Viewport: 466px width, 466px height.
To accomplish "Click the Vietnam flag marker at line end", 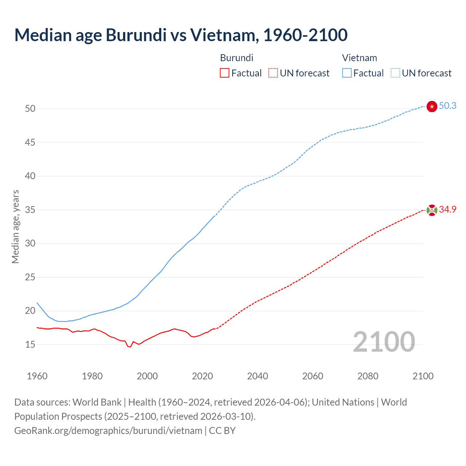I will [x=432, y=106].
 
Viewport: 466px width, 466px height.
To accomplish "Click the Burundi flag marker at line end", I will [x=432, y=210].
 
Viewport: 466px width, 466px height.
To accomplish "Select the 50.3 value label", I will [x=447, y=106].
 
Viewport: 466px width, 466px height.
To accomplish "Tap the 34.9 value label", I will [x=447, y=209].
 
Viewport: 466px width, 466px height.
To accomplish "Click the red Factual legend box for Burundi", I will [x=225, y=73].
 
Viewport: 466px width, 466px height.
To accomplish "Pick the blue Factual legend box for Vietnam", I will [x=347, y=73].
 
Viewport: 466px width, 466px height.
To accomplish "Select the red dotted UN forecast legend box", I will [x=273, y=73].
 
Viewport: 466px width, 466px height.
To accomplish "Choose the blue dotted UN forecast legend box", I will [x=395, y=73].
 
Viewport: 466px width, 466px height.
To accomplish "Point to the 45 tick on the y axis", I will [x=30, y=142].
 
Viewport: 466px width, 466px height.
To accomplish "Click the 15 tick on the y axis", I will [x=30, y=344].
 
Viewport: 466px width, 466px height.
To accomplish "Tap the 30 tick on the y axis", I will [x=30, y=243].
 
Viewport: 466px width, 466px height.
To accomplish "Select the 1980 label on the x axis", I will [x=92, y=376].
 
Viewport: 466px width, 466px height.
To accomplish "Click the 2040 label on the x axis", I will [x=257, y=376].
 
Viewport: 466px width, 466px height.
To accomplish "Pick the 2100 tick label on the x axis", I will [x=423, y=376].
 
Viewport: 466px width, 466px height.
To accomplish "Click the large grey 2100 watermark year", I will [x=384, y=341].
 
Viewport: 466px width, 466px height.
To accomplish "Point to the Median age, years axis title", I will [x=15, y=226].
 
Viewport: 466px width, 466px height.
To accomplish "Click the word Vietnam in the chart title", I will [x=224, y=35].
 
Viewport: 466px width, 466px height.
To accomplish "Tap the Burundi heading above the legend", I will [x=237, y=58].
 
